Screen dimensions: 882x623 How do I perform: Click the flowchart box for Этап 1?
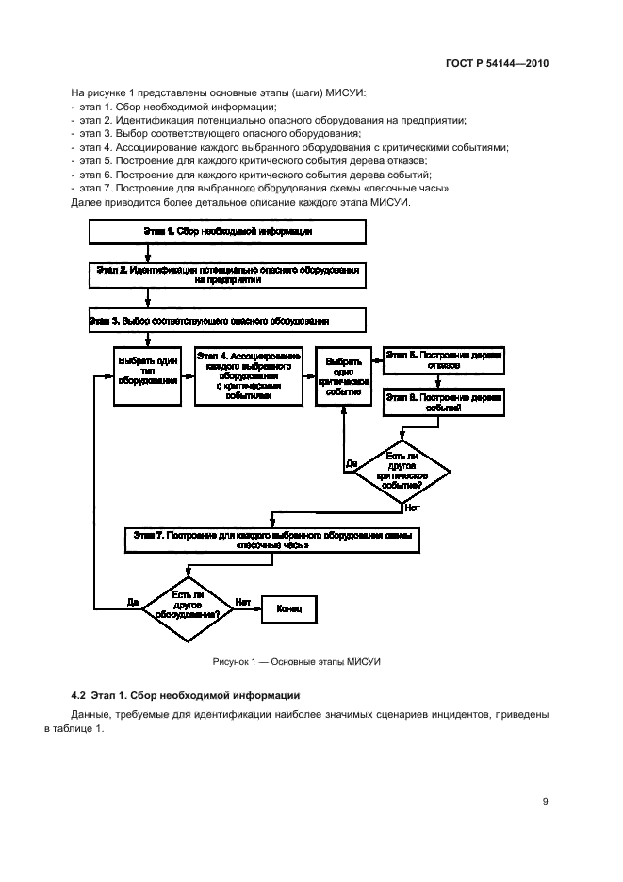click(226, 232)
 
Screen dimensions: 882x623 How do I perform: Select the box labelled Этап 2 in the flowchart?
click(226, 275)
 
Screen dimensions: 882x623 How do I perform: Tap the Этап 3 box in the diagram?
click(226, 321)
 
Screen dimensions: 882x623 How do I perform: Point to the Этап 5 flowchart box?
click(443, 359)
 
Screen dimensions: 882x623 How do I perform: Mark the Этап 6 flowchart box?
click(443, 403)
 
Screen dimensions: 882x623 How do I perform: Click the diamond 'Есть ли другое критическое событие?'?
click(403, 471)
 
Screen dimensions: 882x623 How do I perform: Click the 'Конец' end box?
click(289, 609)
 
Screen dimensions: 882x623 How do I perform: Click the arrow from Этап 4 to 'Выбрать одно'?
click(308, 375)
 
